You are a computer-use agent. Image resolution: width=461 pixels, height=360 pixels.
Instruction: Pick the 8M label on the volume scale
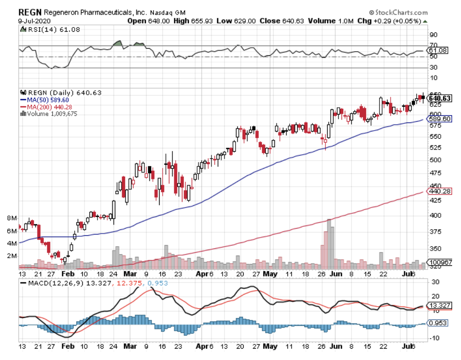pos(12,218)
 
